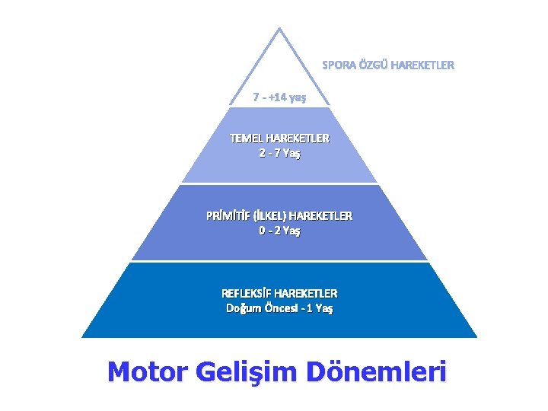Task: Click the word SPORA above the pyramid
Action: (x=337, y=65)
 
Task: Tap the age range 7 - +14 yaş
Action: (x=279, y=97)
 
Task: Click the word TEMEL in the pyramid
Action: (x=246, y=139)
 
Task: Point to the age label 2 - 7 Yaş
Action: (x=279, y=154)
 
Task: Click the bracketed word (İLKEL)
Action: (x=269, y=215)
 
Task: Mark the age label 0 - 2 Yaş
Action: (x=279, y=231)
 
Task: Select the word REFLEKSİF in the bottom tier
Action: (x=247, y=293)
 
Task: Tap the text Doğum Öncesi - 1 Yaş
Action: (x=279, y=308)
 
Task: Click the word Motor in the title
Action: (x=147, y=372)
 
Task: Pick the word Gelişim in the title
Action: (x=245, y=372)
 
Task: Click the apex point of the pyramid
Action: (x=279, y=29)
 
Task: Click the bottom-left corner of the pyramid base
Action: (x=82, y=337)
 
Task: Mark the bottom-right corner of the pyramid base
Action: (x=477, y=337)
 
